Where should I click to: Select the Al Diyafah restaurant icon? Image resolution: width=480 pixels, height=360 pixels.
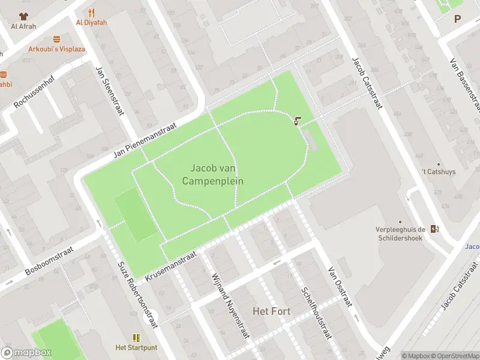click(x=91, y=12)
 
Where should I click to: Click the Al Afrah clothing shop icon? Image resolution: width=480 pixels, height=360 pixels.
click(x=23, y=16)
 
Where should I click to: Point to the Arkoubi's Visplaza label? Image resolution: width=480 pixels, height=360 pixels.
click(x=56, y=49)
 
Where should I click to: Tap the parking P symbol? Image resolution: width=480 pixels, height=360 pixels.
click(x=458, y=19)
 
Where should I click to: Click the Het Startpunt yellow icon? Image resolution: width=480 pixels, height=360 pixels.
click(x=136, y=338)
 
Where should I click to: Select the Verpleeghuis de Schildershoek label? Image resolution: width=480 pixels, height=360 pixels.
click(x=400, y=233)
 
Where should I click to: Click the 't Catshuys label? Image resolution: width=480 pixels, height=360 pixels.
click(x=438, y=172)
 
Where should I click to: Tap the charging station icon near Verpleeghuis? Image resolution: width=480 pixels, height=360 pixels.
click(x=434, y=228)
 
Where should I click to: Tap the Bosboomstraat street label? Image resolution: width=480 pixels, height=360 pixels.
click(x=49, y=260)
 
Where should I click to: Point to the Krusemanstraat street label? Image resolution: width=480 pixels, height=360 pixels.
click(x=171, y=266)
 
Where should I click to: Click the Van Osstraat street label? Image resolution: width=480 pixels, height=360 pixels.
click(x=340, y=287)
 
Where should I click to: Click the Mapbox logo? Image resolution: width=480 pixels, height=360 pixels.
click(x=26, y=353)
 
